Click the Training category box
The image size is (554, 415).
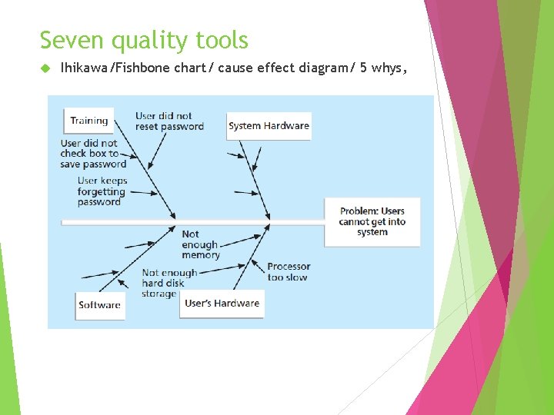(x=88, y=121)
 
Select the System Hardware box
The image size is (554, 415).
(x=269, y=126)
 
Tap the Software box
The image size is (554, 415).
(x=99, y=305)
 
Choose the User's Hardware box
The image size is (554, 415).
(x=222, y=304)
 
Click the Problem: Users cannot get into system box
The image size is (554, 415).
(x=372, y=221)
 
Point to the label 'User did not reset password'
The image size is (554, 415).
(x=169, y=121)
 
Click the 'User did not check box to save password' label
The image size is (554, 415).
(x=93, y=153)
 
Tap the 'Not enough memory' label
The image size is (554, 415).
(x=200, y=244)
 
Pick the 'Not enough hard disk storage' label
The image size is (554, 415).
(x=169, y=283)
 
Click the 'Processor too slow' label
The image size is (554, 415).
(x=289, y=272)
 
